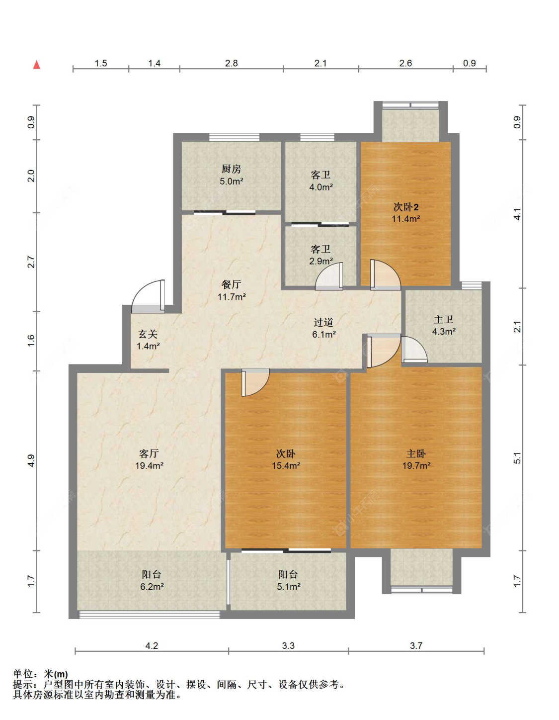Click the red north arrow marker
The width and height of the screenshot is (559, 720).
[x=37, y=65]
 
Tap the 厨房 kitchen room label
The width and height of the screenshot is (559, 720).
[x=231, y=169]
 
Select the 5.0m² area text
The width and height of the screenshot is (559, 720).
[x=232, y=181]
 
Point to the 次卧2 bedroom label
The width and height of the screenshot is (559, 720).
[x=406, y=207]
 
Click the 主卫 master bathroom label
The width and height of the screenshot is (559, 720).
[x=444, y=319]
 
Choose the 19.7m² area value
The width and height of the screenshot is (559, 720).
[x=416, y=465]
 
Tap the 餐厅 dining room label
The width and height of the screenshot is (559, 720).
[x=231, y=284]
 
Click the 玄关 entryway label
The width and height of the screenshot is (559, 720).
[x=148, y=334]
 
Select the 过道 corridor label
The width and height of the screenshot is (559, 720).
[x=323, y=322]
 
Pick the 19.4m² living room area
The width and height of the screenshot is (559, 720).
[x=149, y=465]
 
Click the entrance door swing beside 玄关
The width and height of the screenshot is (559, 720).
[x=148, y=296]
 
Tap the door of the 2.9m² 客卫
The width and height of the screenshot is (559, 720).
[x=329, y=276]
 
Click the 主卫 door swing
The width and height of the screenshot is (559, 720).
[x=414, y=349]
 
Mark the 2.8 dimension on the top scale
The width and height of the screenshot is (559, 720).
[x=232, y=63]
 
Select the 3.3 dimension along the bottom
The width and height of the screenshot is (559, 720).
[x=288, y=645]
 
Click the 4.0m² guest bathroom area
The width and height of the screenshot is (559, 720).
[x=320, y=187]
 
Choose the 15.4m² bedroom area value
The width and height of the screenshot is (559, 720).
[x=286, y=465]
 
